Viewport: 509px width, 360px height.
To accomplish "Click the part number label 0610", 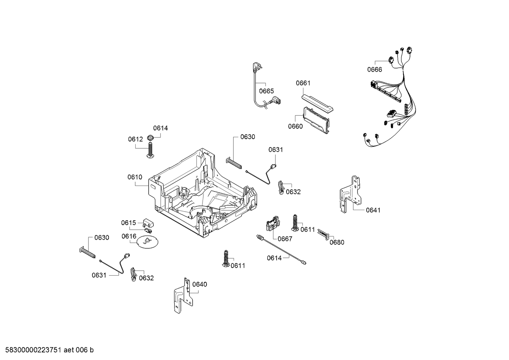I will (135, 177).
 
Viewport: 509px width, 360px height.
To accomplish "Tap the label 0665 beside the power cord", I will (266, 91).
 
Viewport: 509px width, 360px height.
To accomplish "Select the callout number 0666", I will (374, 69).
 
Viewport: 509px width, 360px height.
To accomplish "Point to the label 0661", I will (303, 83).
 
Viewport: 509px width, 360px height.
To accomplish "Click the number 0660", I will (295, 126).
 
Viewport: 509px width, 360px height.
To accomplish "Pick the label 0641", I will (373, 210).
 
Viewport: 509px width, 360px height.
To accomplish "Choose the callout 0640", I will (200, 284).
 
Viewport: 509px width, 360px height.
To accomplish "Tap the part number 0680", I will (337, 242).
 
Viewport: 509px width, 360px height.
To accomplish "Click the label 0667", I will (285, 239).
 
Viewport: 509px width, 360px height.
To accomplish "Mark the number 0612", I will (135, 139).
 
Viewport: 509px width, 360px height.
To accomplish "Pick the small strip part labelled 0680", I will (323, 235).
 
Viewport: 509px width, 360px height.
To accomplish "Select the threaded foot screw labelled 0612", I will (150, 150).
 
